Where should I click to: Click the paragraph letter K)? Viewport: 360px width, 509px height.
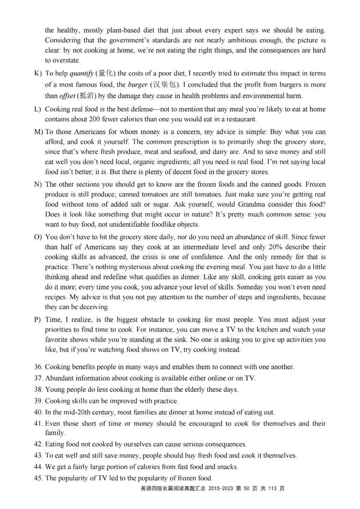click(38, 73)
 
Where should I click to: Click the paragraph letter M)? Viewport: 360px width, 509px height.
click(39, 132)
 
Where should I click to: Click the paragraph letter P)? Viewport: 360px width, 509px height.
click(38, 320)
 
